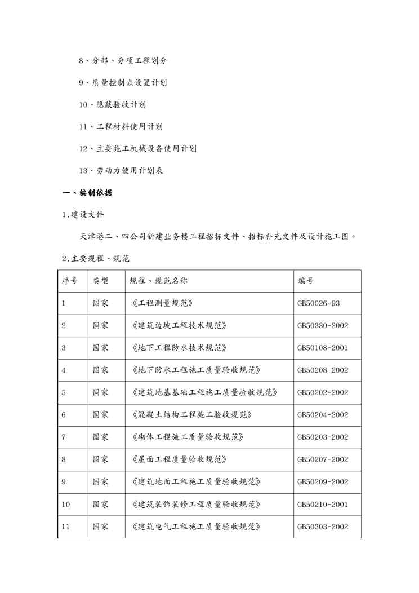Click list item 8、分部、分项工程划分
(122, 61)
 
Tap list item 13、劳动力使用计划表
(121, 171)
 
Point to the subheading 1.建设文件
(83, 215)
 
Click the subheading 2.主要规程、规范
(96, 259)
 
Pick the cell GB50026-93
(318, 303)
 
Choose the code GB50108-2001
(323, 348)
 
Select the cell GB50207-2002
(323, 459)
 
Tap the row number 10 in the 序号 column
(66, 504)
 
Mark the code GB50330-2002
(323, 325)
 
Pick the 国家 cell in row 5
(101, 392)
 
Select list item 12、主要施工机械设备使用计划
(137, 149)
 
